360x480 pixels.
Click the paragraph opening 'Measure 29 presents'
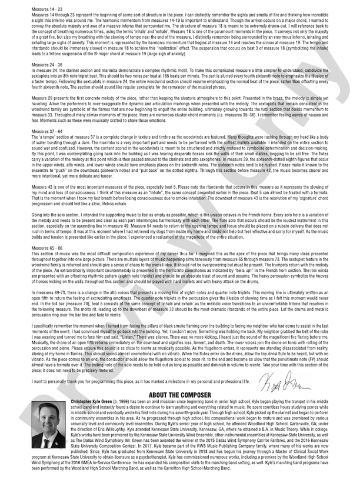click(x=180, y=121)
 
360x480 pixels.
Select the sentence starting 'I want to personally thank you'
click(x=141, y=382)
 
